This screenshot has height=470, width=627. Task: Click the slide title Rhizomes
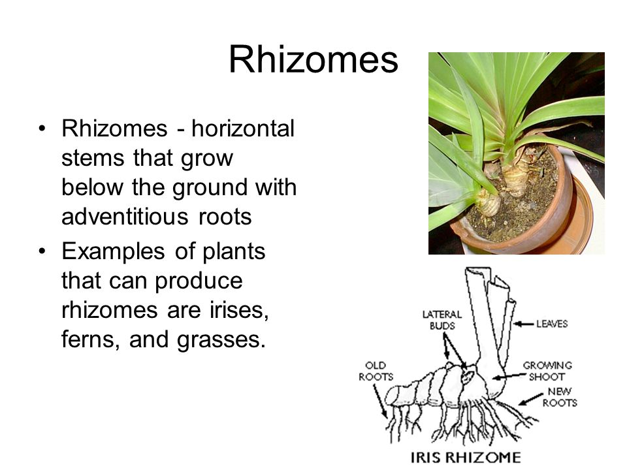tap(313, 60)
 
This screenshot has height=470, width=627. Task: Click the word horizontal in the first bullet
tap(243, 129)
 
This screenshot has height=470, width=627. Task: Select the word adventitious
tap(125, 217)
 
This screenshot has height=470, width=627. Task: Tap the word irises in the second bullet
tap(239, 309)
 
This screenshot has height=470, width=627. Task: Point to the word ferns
tap(91, 339)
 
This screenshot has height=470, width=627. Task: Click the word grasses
tap(221, 340)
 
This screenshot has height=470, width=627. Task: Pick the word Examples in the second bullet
tap(113, 252)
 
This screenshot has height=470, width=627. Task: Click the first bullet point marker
tap(42, 129)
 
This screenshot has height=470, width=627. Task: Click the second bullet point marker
tap(42, 251)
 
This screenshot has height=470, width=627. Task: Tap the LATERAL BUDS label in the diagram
tap(442, 320)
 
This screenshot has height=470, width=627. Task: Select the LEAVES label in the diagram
tap(552, 324)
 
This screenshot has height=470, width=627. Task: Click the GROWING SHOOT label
tap(547, 371)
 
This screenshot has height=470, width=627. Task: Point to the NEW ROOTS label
tap(560, 397)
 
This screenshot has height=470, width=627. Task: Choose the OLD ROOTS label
tap(376, 371)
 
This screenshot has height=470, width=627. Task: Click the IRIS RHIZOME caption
tap(466, 457)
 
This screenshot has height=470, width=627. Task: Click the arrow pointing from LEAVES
tap(523, 324)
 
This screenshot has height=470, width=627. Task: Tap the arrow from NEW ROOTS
tap(531, 399)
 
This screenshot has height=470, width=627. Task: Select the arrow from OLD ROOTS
tap(380, 401)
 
